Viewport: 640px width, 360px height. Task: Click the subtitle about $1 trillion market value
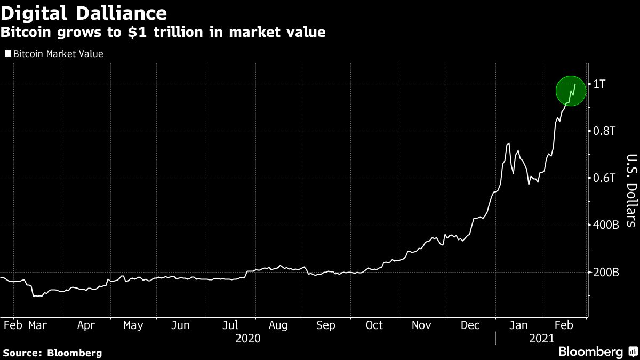tap(163, 33)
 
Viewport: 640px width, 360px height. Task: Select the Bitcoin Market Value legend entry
tap(54, 54)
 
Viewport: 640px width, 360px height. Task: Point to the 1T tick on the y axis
tap(601, 84)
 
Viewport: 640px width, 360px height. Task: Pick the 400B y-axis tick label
tap(606, 225)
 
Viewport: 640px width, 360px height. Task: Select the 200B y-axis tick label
tap(606, 272)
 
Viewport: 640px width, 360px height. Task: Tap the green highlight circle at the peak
tap(571, 91)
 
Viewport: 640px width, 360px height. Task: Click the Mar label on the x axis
tap(37, 325)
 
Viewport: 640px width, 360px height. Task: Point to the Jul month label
tap(230, 325)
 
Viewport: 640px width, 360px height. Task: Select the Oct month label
tap(374, 325)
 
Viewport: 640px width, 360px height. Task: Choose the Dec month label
tap(470, 325)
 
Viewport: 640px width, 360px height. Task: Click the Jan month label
tap(519, 325)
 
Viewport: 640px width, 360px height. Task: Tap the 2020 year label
tap(247, 339)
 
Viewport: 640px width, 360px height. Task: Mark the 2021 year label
tap(541, 339)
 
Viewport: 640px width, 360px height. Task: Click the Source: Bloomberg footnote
tap(52, 353)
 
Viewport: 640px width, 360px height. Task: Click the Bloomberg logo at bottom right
tap(596, 351)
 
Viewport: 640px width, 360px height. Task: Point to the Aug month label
tap(278, 325)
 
